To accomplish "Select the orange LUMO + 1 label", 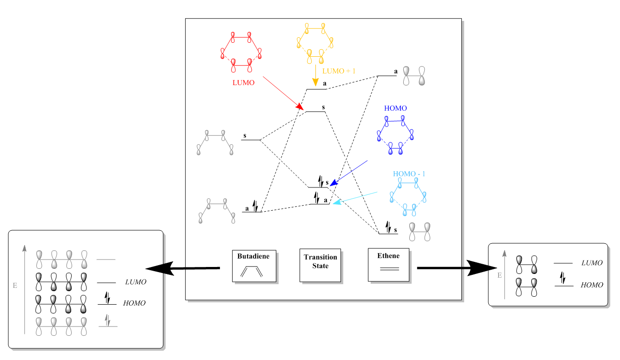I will [x=339, y=71].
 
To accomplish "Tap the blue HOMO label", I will [x=395, y=108].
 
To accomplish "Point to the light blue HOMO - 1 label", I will [x=409, y=174].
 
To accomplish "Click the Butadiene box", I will [x=253, y=266].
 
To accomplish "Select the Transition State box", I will [x=320, y=265].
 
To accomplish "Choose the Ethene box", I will [x=388, y=264].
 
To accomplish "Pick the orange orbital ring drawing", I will [x=315, y=43].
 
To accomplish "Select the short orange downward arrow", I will [x=315, y=75].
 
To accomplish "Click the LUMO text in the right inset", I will [x=592, y=263].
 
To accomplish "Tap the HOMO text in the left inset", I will [x=134, y=303].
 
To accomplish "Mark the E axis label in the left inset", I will [x=15, y=285].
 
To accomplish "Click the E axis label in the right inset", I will [x=500, y=275].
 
